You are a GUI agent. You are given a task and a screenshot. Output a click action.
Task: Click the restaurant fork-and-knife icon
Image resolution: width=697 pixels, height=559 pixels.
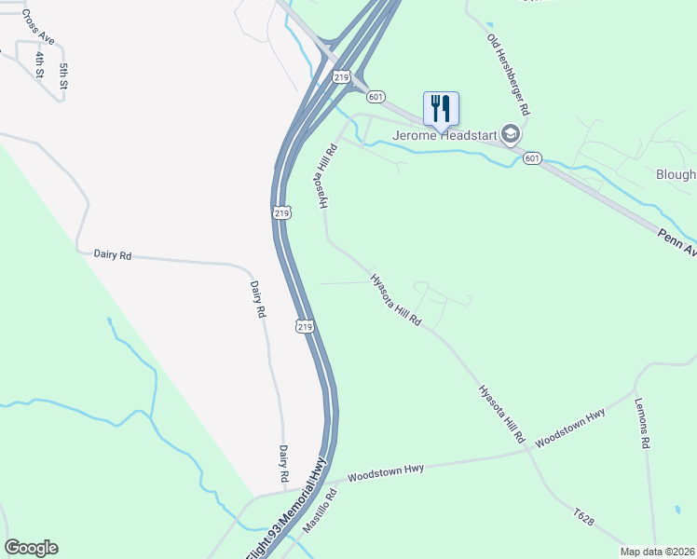point(441,109)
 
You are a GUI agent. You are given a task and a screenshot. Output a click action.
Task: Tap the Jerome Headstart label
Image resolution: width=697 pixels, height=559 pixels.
point(445,135)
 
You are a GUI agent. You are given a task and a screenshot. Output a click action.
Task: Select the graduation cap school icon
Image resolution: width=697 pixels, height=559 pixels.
point(511,135)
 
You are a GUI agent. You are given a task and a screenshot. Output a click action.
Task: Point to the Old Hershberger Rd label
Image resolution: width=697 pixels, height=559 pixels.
point(509,75)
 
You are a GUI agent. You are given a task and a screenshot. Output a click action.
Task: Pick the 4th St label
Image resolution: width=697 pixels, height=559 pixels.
point(40,64)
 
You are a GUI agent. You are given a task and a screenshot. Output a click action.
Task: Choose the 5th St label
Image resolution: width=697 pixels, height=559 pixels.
point(64,76)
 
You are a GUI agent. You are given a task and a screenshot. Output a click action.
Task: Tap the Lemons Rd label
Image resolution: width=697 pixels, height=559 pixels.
point(641,424)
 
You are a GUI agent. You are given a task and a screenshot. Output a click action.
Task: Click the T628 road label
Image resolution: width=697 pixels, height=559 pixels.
point(584,517)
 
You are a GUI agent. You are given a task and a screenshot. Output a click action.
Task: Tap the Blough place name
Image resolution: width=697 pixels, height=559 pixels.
point(676,174)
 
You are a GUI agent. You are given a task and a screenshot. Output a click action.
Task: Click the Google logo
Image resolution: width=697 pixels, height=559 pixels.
point(31,548)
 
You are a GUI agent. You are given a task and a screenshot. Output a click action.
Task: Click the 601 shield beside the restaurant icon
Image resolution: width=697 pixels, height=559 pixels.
point(376,96)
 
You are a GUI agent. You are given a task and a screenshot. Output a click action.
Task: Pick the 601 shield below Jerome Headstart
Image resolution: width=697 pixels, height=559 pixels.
point(531,158)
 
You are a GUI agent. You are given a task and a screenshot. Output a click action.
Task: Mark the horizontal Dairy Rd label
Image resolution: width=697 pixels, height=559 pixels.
point(113,253)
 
